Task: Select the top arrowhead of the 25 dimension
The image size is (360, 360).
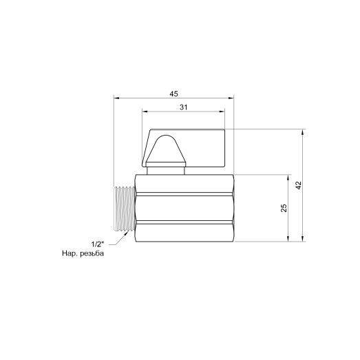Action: [x=288, y=176]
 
